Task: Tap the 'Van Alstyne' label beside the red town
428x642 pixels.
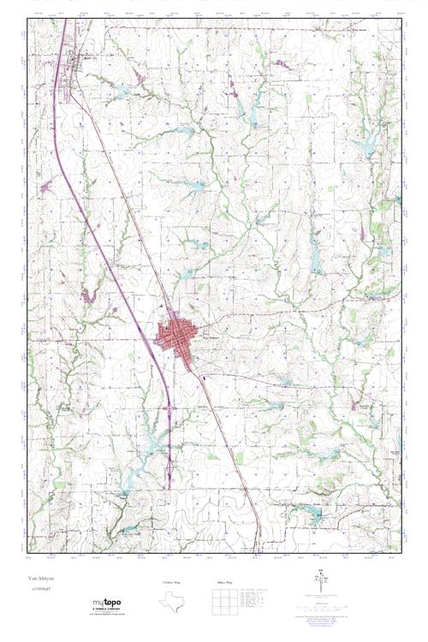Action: point(209,337)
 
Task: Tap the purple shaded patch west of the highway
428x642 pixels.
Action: point(86,296)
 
